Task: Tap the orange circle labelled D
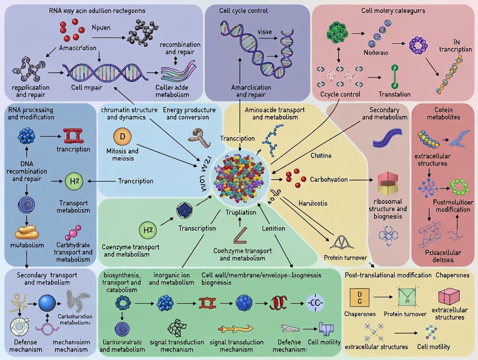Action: [x=122, y=137]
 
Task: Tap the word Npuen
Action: [x=101, y=28]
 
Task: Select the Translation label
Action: [x=394, y=94]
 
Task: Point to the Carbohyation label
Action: [x=329, y=179]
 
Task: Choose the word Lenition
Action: [x=273, y=228]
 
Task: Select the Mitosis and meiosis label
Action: [x=122, y=154]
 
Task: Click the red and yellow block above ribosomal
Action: [x=388, y=182]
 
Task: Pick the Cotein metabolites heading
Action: [x=445, y=114]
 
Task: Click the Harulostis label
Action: [x=313, y=203]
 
